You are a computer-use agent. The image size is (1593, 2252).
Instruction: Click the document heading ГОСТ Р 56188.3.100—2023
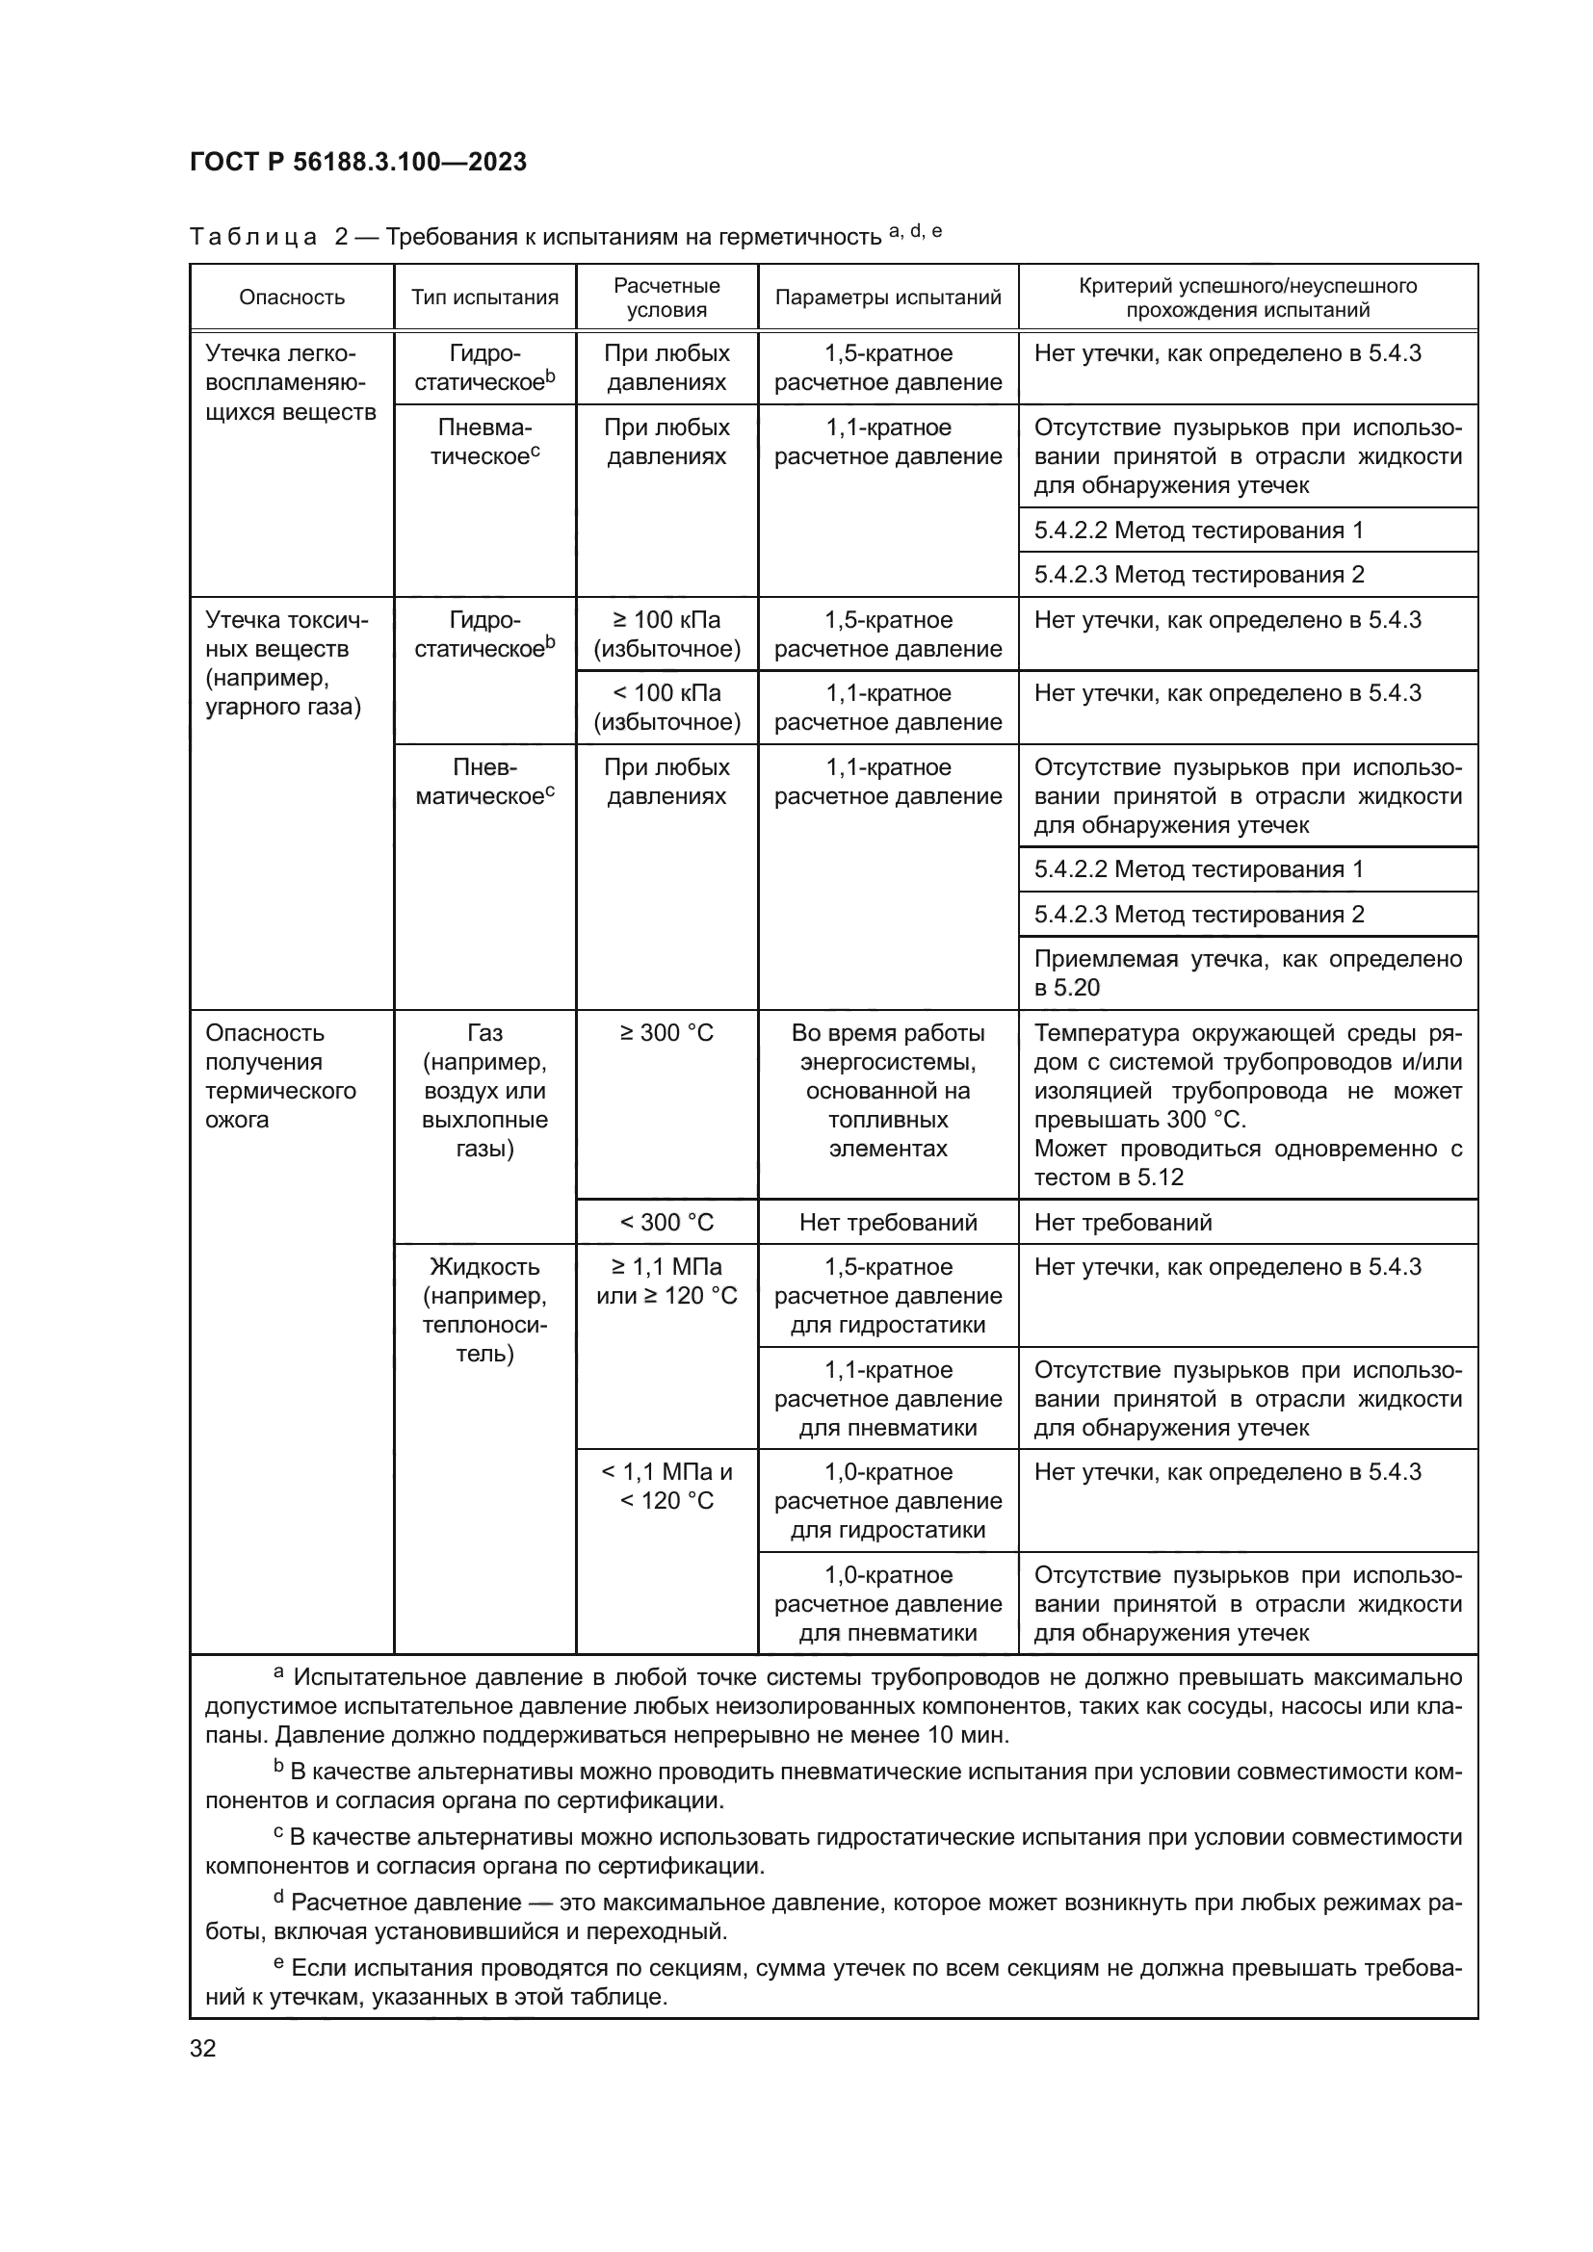click(x=358, y=162)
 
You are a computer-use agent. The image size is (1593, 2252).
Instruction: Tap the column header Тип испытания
click(x=484, y=298)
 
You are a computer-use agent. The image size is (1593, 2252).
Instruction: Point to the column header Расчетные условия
click(x=666, y=298)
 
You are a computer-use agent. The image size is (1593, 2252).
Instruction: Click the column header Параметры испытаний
click(x=888, y=298)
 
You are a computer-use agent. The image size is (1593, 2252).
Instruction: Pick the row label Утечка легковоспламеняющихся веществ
click(x=290, y=382)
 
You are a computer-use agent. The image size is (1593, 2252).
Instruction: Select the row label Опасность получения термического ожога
click(x=280, y=1076)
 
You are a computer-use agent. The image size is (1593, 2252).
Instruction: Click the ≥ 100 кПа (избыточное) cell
click(x=666, y=634)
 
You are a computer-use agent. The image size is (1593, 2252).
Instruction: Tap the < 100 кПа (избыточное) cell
click(x=666, y=708)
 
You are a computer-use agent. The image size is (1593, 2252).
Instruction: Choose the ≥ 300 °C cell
click(x=666, y=1033)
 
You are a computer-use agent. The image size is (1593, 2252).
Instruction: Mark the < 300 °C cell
click(x=666, y=1222)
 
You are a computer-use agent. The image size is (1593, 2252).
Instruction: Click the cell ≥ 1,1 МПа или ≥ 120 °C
click(x=666, y=1281)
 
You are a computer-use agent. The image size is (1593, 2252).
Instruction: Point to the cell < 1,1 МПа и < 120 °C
click(x=666, y=1486)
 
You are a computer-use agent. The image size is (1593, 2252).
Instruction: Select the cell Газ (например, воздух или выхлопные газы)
click(x=484, y=1091)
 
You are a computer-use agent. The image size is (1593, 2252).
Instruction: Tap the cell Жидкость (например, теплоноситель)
click(x=484, y=1310)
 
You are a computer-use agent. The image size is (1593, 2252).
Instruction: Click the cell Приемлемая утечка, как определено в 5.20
click(x=1247, y=973)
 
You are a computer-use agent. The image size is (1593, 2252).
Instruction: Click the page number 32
click(x=203, y=2048)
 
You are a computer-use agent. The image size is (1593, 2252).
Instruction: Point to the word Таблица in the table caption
click(x=253, y=238)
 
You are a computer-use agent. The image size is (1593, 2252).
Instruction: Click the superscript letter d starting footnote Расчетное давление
click(x=278, y=1897)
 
